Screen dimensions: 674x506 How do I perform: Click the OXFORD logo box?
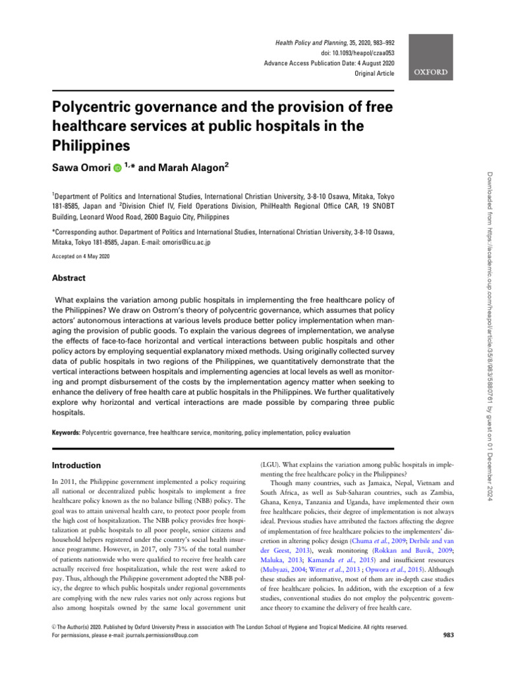pyautogui.click(x=432, y=72)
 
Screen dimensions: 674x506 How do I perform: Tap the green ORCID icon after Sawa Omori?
pyautogui.click(x=117, y=168)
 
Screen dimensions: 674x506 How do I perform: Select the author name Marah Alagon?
pyautogui.click(x=186, y=168)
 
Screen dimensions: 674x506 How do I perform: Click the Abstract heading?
pyautogui.click(x=69, y=278)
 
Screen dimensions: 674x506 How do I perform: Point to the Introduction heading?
pyautogui.click(x=78, y=465)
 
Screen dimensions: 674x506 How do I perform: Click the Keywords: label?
pyautogui.click(x=66, y=433)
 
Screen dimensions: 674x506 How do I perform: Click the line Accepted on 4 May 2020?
pyautogui.click(x=81, y=257)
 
